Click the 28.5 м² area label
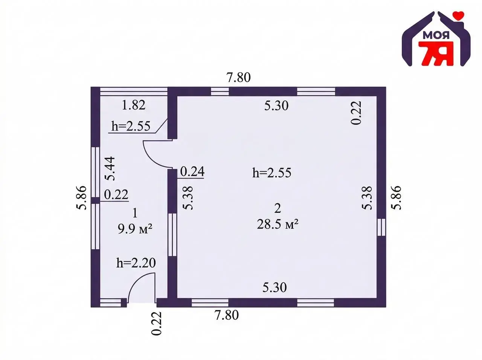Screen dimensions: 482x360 click(278, 224)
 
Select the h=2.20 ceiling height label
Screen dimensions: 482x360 click(136, 263)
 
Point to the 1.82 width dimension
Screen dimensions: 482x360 click(134, 105)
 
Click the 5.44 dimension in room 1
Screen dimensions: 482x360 click(110, 168)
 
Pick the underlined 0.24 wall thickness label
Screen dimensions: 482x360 click(192, 171)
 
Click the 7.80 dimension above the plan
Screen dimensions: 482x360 click(238, 78)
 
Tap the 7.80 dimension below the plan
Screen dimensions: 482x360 click(227, 315)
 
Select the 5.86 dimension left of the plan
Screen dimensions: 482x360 click(81, 198)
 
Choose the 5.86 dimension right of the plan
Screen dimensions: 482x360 click(397, 198)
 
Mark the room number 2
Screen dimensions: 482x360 click(278, 208)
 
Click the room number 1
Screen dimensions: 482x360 click(135, 213)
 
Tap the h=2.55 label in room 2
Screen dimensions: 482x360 click(272, 172)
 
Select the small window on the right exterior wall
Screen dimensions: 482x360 click(382, 227)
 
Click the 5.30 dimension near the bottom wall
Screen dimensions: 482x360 click(275, 287)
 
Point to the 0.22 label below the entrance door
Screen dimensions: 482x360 click(156, 324)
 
